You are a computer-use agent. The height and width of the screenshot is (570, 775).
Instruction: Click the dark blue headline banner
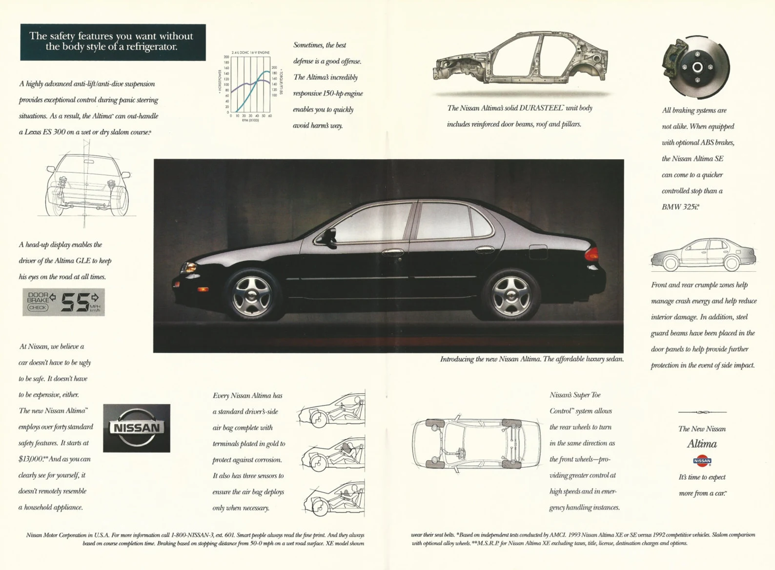tap(113, 42)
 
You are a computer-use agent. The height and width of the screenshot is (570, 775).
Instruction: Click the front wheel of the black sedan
tap(252, 295)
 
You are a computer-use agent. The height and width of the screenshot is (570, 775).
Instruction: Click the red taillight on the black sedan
tap(591, 254)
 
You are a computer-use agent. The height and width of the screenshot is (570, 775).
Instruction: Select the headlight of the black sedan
tap(189, 267)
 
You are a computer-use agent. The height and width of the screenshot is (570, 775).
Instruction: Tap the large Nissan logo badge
tap(137, 428)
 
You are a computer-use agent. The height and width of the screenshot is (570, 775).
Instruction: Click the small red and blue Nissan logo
tap(702, 460)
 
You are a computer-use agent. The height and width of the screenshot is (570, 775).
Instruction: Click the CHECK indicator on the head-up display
tap(38, 307)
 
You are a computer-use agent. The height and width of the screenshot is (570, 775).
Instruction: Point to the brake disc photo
tap(696, 67)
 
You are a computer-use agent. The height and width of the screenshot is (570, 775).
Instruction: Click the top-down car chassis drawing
tap(476, 443)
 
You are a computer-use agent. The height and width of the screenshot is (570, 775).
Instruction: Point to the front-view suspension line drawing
tap(88, 184)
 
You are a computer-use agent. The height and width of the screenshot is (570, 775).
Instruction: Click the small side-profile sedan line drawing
tap(703, 255)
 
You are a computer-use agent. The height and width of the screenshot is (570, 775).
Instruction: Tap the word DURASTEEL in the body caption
tap(541, 108)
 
